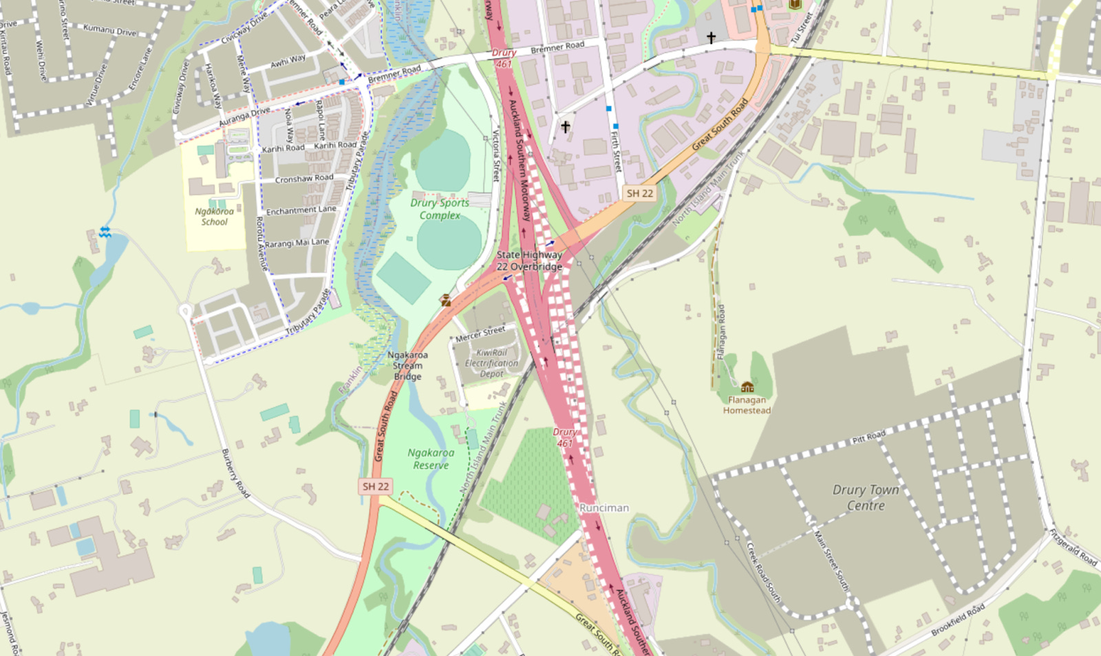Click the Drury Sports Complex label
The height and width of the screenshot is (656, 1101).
[x=440, y=209]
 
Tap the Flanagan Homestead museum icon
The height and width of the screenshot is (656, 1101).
[x=747, y=387]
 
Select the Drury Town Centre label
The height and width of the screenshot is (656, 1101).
[x=866, y=497]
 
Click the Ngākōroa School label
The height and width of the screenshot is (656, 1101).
[x=214, y=217]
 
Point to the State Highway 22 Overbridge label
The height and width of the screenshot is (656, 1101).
[x=529, y=261]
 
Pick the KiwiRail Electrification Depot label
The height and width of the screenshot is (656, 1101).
[x=491, y=363]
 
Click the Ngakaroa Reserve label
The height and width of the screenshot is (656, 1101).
[x=431, y=459]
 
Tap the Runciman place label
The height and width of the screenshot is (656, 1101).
[x=604, y=507]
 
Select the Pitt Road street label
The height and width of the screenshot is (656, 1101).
[x=868, y=437]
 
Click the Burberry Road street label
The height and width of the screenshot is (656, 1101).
[x=235, y=473]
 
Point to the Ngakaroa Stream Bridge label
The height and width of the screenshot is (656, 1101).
[x=407, y=366]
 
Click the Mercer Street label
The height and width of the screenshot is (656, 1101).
[x=480, y=334]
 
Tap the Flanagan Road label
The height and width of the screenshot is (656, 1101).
[x=721, y=331]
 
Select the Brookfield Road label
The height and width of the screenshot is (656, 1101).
[x=957, y=620]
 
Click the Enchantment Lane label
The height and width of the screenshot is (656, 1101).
[x=301, y=210]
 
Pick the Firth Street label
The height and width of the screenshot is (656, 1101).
[x=616, y=152]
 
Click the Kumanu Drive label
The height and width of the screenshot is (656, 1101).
[x=109, y=30]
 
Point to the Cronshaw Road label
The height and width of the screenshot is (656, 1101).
[x=304, y=179]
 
